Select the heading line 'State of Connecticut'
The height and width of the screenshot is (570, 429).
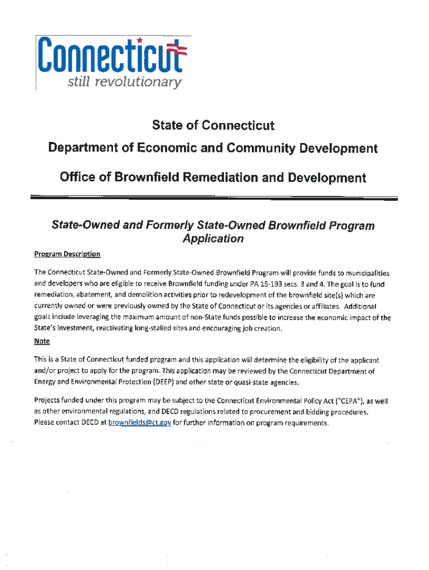(213, 125)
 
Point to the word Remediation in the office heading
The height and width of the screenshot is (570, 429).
(216, 178)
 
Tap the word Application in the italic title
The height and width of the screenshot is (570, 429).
(213, 239)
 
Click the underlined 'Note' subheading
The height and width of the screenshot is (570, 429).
(42, 341)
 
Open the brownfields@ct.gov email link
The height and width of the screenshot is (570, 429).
(139, 423)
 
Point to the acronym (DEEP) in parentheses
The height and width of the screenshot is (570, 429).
(164, 382)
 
